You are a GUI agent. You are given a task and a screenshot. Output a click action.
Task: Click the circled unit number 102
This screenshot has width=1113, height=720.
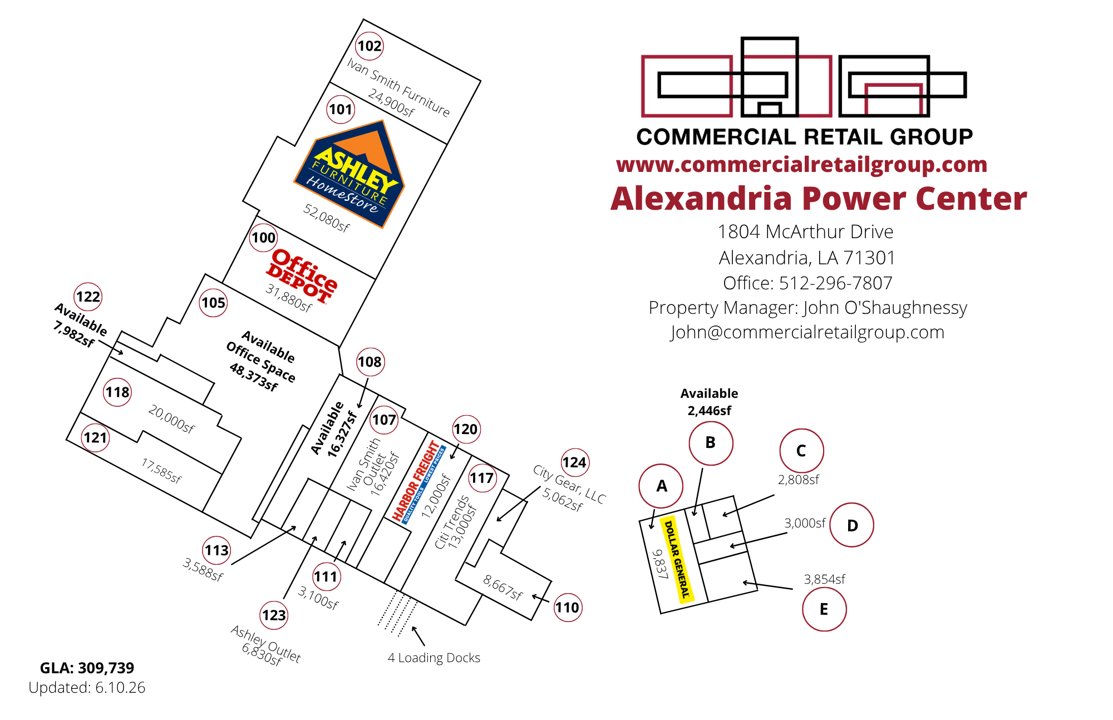(370, 46)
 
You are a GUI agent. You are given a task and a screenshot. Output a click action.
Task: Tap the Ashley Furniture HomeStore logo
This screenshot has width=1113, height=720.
(349, 174)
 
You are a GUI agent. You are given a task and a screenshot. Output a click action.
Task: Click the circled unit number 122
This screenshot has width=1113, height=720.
(88, 297)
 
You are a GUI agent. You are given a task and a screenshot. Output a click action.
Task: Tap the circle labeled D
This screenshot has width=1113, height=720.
(851, 525)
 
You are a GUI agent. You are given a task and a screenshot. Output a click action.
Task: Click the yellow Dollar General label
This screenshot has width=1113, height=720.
(677, 558)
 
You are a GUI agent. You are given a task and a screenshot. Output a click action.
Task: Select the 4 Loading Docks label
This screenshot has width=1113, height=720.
(434, 658)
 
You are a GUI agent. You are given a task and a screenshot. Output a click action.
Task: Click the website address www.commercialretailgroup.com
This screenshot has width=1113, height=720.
(801, 165)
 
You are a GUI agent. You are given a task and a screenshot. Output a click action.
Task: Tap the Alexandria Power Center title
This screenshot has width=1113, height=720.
(819, 199)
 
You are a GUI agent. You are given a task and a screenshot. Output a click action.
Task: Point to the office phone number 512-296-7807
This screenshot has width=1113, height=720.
(835, 283)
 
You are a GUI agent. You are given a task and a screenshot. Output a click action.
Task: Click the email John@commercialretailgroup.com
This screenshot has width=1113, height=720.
(807, 332)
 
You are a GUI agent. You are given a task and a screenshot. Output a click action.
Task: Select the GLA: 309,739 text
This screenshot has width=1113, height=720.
(87, 668)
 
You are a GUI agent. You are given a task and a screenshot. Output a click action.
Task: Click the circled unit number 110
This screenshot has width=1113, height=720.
(567, 607)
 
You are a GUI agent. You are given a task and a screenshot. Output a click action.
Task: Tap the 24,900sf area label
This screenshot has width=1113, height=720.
(391, 103)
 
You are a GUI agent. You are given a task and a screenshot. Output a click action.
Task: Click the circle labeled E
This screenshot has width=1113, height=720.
(824, 609)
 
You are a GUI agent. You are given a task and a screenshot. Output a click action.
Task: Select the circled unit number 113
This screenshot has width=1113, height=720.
(216, 550)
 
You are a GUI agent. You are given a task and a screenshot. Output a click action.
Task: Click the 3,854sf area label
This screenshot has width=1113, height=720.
(824, 579)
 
